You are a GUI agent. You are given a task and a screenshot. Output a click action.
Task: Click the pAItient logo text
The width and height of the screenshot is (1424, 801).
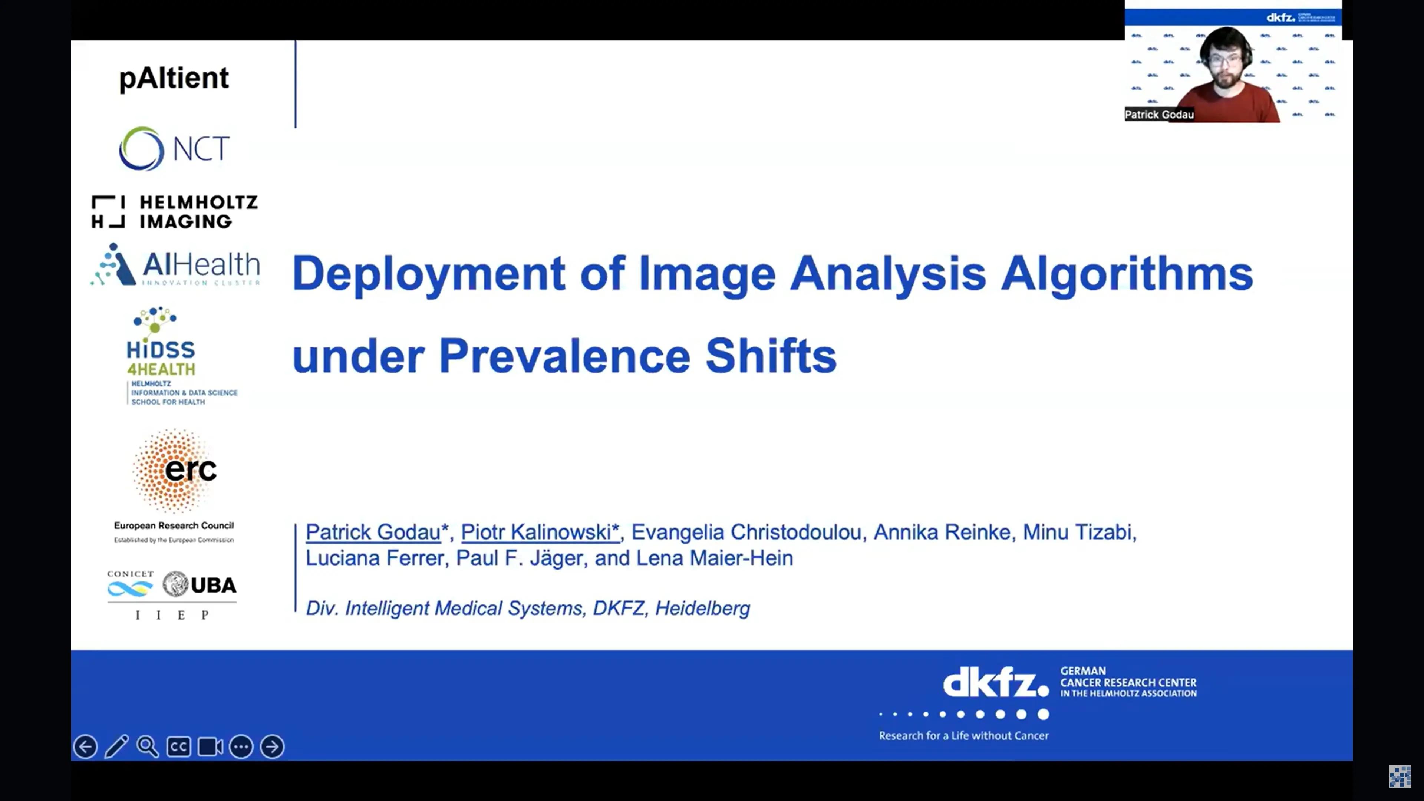[174, 78]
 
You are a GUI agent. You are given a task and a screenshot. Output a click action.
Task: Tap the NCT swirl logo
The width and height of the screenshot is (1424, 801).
[142, 148]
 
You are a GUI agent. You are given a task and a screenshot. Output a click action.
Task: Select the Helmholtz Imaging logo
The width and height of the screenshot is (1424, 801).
[175, 212]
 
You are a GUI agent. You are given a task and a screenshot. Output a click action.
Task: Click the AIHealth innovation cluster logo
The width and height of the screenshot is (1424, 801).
[176, 266]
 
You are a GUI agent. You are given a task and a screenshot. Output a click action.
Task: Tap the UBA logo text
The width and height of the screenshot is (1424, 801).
[213, 585]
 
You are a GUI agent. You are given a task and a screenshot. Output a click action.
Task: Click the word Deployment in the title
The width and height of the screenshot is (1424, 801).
[428, 273]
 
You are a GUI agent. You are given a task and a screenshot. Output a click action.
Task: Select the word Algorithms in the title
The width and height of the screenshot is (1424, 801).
[1127, 273]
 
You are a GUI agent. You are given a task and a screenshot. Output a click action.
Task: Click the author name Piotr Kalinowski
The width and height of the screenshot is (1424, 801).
[540, 532]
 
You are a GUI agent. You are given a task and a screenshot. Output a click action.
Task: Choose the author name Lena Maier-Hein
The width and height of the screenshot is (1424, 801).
[714, 558]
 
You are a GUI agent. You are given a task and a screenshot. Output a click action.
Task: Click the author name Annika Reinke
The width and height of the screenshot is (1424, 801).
[942, 532]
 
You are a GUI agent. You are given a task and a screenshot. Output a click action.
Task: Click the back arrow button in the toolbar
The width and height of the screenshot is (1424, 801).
[85, 747]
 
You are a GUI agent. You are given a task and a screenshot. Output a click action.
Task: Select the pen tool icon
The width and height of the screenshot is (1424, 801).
[117, 747]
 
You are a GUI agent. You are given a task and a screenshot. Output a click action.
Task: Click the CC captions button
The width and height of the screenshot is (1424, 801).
[178, 747]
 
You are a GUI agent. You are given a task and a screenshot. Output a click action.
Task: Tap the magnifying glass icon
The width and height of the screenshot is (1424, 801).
[148, 747]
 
